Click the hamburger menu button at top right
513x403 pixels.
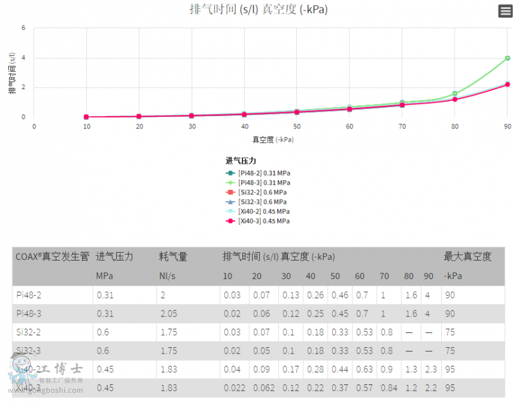point(505,11)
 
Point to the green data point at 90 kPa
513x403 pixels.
point(507,58)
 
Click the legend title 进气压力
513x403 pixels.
point(240,160)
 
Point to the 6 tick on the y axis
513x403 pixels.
point(24,28)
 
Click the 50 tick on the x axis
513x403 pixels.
point(297,126)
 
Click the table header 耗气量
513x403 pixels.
point(173,257)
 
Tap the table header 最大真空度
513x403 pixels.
point(467,257)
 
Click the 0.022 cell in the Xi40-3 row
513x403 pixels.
point(233,388)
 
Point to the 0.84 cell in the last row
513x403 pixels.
point(389,388)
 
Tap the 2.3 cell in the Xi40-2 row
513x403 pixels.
point(430,369)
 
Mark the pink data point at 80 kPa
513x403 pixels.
point(455,99)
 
